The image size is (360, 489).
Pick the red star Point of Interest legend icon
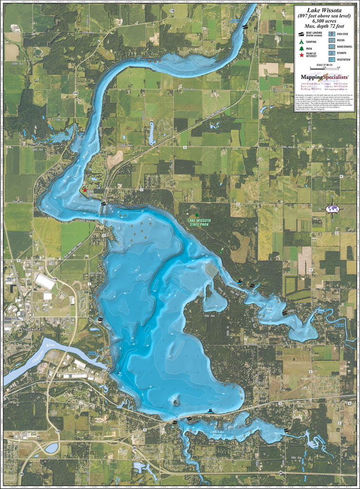point(301,56)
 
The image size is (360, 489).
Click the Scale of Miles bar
point(324,69)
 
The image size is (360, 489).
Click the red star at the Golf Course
point(85,190)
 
